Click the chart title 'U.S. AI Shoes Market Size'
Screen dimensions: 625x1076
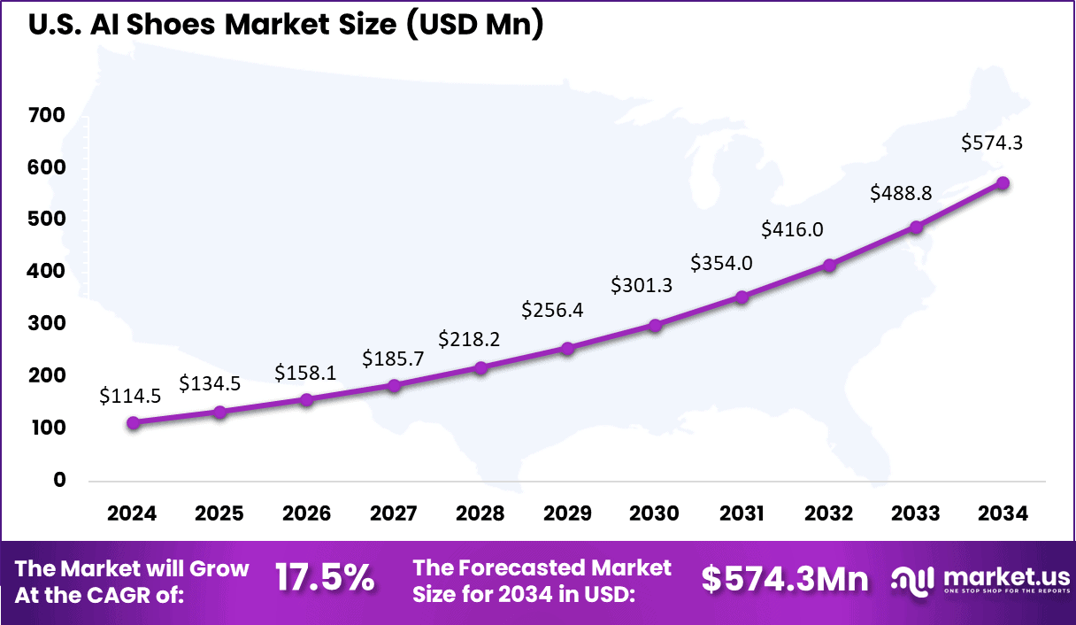[285, 25]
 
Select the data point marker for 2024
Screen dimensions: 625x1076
[133, 423]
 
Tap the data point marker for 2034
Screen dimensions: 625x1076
[1003, 183]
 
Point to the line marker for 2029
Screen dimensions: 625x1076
[568, 349]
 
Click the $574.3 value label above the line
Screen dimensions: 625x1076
[992, 142]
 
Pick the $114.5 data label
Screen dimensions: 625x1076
[131, 396]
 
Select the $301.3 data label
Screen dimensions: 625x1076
[642, 284]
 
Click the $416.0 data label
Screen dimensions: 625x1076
[792, 229]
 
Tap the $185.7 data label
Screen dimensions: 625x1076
[393, 359]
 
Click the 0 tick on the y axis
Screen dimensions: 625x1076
[59, 480]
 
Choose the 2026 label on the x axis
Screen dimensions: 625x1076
[306, 514]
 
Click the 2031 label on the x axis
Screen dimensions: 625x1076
[742, 514]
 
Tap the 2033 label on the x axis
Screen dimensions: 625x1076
[916, 514]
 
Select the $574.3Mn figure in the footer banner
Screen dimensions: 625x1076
[785, 579]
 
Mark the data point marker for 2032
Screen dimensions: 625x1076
[829, 266]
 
